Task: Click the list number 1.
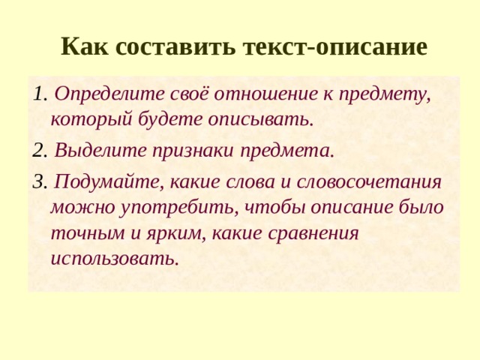pos(40,95)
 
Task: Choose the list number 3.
pos(40,181)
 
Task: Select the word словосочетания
pos(368,181)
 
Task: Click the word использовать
pos(115,259)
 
